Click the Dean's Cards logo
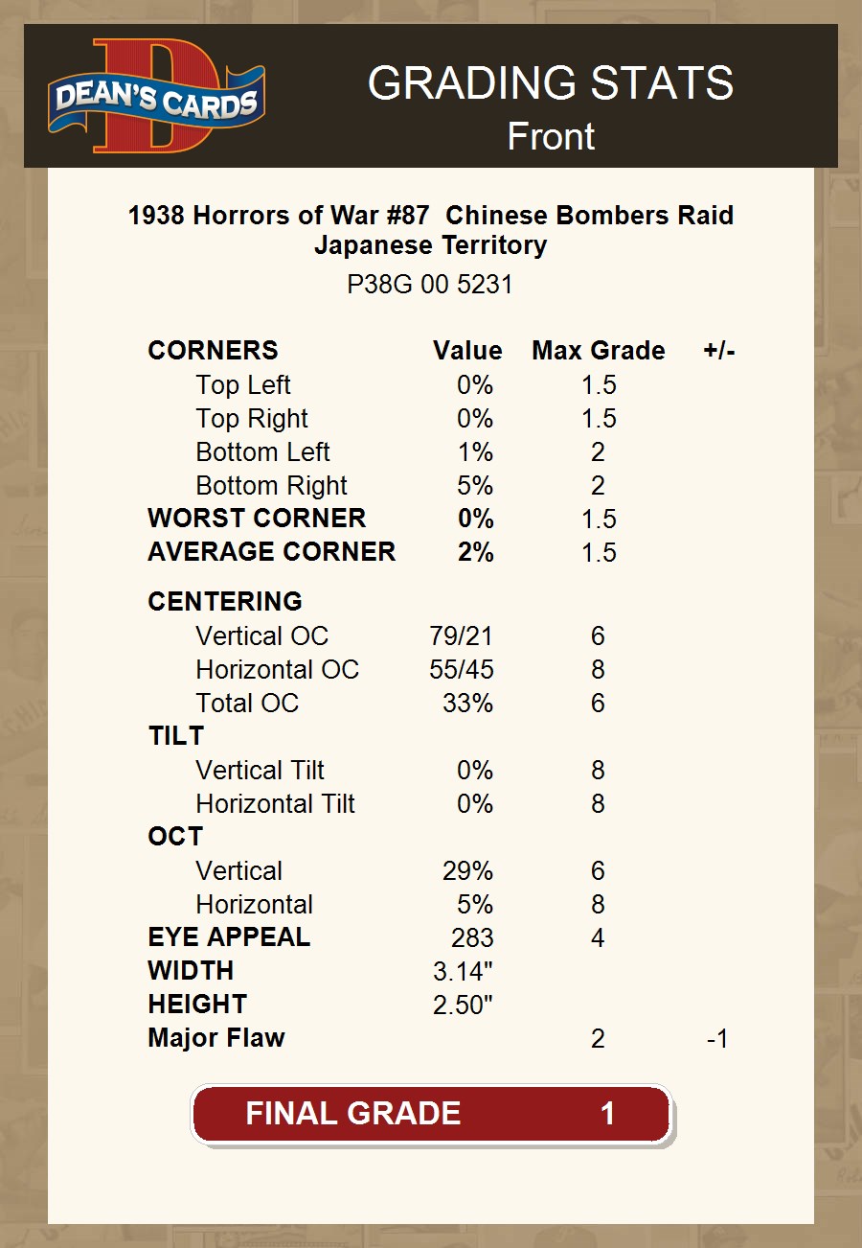coord(156,96)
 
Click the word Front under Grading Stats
coord(551,136)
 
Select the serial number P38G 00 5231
coord(430,285)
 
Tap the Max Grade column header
coord(598,351)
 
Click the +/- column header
coord(718,351)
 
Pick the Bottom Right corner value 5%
coord(475,485)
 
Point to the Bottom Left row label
coord(262,451)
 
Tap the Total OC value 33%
coord(467,703)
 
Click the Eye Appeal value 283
coord(472,937)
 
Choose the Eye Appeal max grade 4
coord(598,937)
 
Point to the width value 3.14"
coord(463,971)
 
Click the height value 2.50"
coord(463,1005)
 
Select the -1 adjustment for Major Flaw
coord(716,1038)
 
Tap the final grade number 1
coord(607,1113)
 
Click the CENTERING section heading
coord(225,601)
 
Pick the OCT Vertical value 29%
coord(467,870)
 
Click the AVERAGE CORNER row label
coord(271,552)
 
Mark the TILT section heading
coord(176,736)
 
